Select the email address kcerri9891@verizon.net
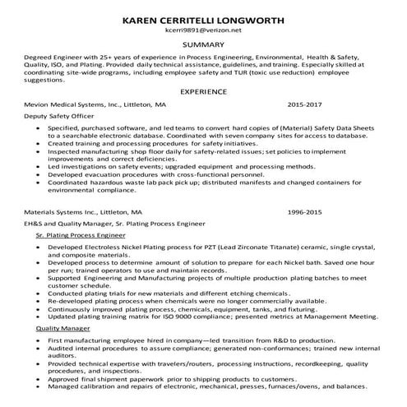point(203,30)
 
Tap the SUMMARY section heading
point(203,44)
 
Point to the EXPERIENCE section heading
point(203,92)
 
